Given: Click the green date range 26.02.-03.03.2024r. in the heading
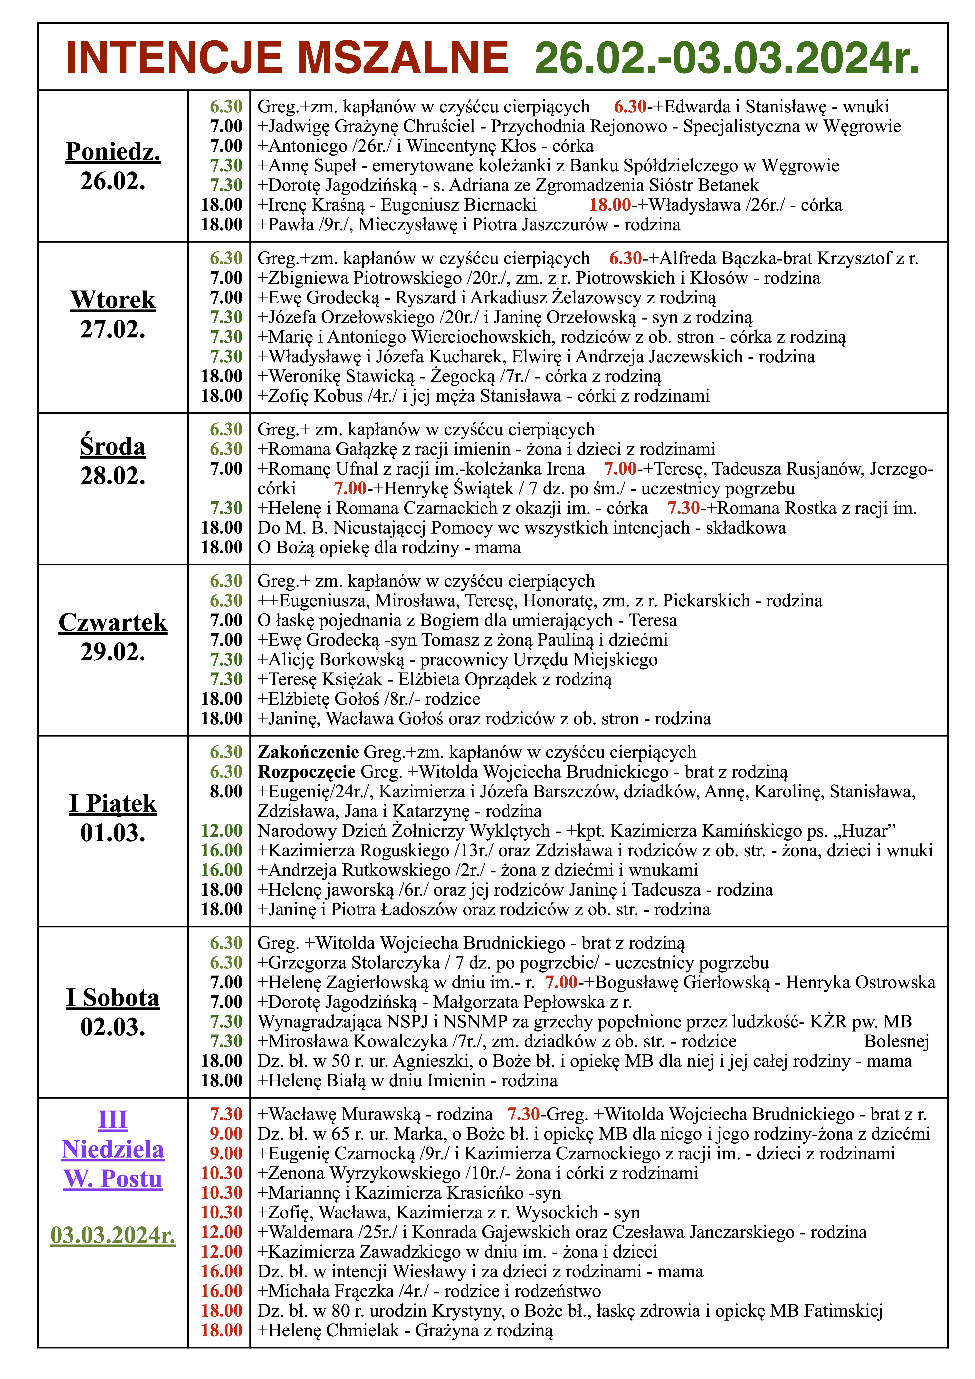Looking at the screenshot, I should (x=727, y=58).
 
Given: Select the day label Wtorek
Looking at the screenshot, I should (x=113, y=300).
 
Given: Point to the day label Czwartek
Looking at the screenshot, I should (x=113, y=622).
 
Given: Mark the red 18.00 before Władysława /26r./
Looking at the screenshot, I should (x=609, y=205).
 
